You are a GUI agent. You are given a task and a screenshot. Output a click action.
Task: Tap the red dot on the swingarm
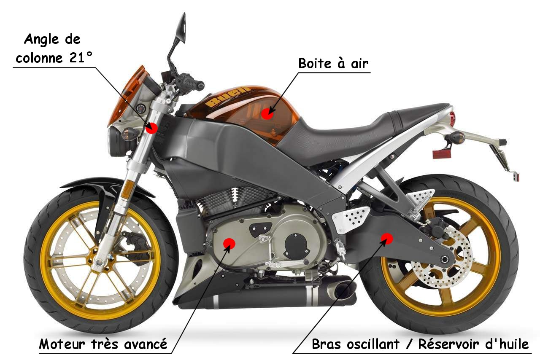[386, 238]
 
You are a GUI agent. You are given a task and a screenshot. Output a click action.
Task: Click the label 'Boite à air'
[333, 64]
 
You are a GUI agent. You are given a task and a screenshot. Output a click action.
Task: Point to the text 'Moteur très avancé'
[103, 344]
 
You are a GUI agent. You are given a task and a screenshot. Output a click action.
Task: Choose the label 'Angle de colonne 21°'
[52, 48]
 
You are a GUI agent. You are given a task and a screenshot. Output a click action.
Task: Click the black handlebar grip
[193, 82]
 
